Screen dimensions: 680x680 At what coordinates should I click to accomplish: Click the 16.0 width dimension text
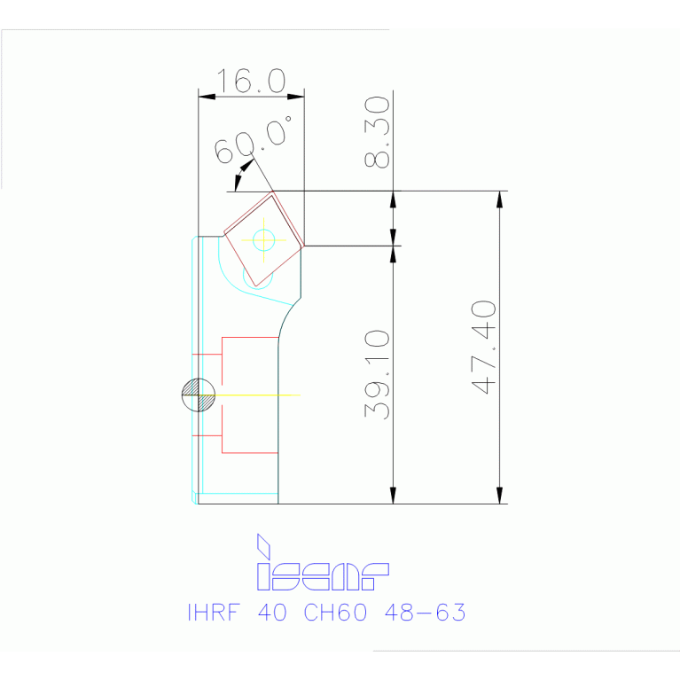click(x=251, y=82)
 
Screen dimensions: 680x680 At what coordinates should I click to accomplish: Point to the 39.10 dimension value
click(x=377, y=374)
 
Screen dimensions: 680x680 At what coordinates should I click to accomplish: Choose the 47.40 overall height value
click(x=484, y=347)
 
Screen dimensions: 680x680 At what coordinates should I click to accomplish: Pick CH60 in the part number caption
click(x=335, y=613)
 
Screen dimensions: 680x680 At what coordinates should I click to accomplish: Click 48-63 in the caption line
click(x=424, y=613)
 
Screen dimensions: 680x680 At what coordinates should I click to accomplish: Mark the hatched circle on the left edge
click(x=198, y=395)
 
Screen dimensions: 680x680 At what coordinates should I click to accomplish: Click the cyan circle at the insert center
click(x=263, y=238)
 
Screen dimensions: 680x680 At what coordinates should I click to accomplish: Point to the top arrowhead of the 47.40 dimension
click(x=500, y=199)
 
